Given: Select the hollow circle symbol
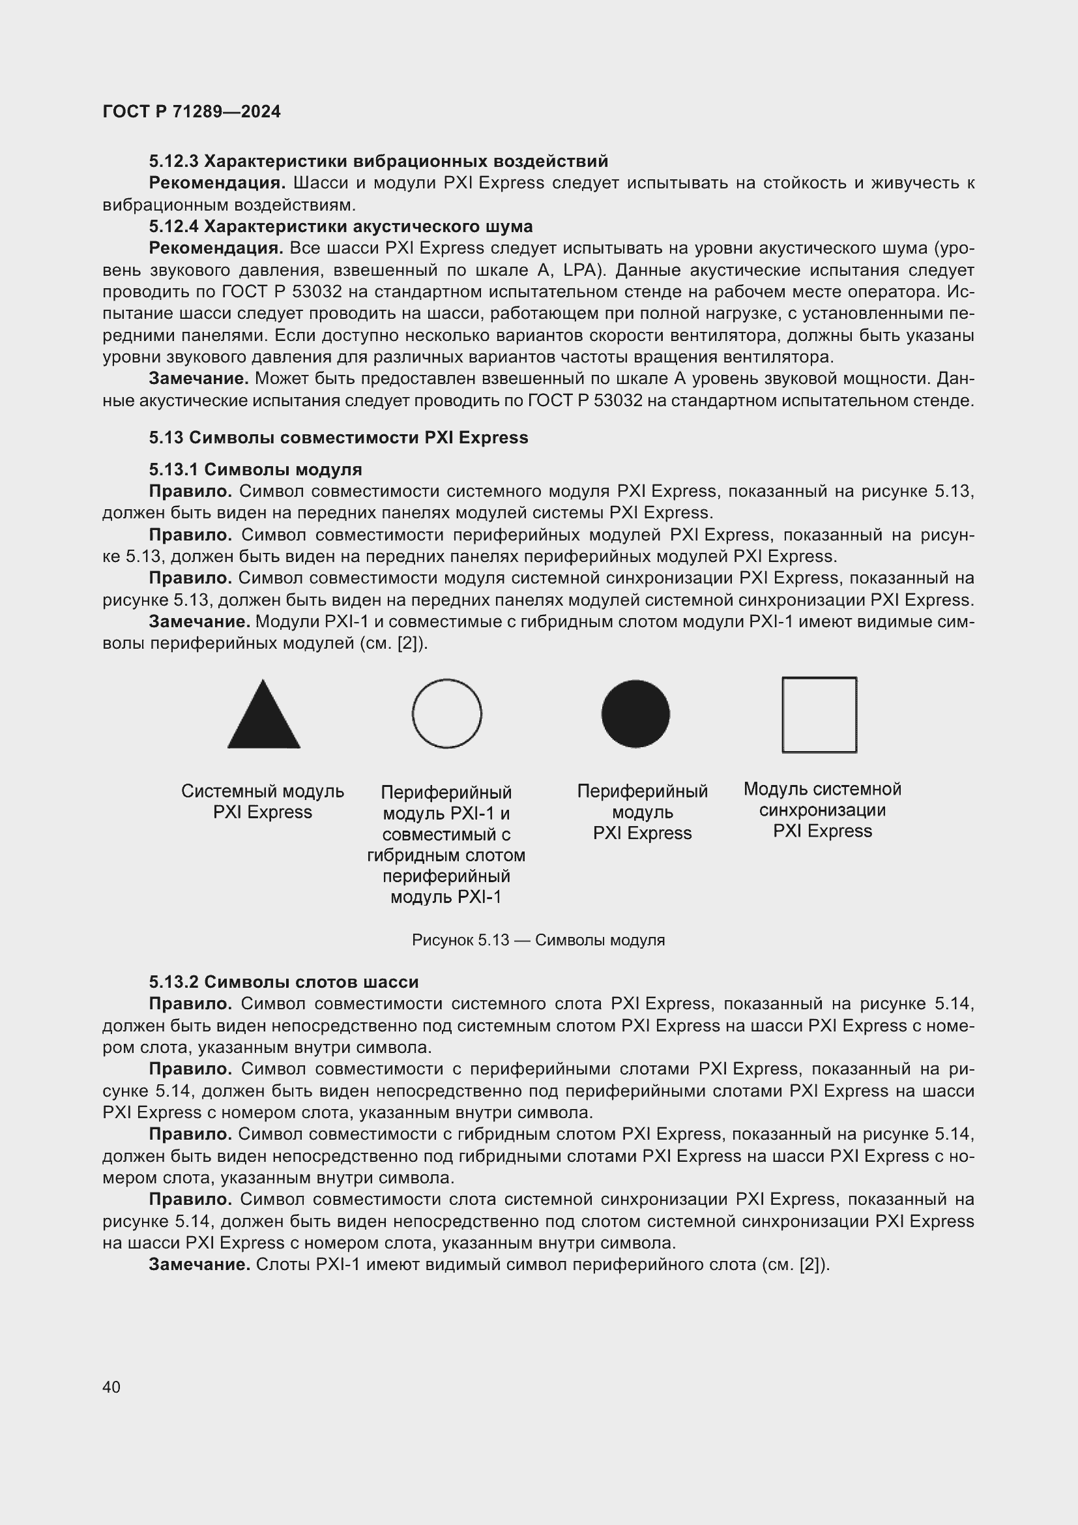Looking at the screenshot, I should coord(446,714).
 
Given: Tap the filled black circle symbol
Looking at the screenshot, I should coord(635,714).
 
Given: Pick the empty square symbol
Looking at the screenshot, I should coord(819,715).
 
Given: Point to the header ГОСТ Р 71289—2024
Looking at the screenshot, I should coord(192,111).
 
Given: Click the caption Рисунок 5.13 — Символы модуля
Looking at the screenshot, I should coord(538,940).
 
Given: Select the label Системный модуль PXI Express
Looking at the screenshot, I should coord(263,802).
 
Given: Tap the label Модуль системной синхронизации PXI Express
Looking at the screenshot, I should coord(823,810).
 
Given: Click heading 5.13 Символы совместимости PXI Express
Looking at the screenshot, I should coord(338,437).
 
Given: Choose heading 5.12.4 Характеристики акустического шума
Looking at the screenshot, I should coord(340,226).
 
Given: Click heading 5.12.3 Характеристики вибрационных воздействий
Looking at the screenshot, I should coord(379,162).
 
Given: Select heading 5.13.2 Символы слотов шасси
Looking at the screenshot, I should coord(284,982).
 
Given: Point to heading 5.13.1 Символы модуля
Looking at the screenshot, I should coord(255,469).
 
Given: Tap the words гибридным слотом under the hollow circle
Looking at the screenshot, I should coord(446,855).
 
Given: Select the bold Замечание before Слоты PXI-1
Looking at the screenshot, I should coord(199,1264).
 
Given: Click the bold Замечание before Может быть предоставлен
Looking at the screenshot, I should coord(199,379).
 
